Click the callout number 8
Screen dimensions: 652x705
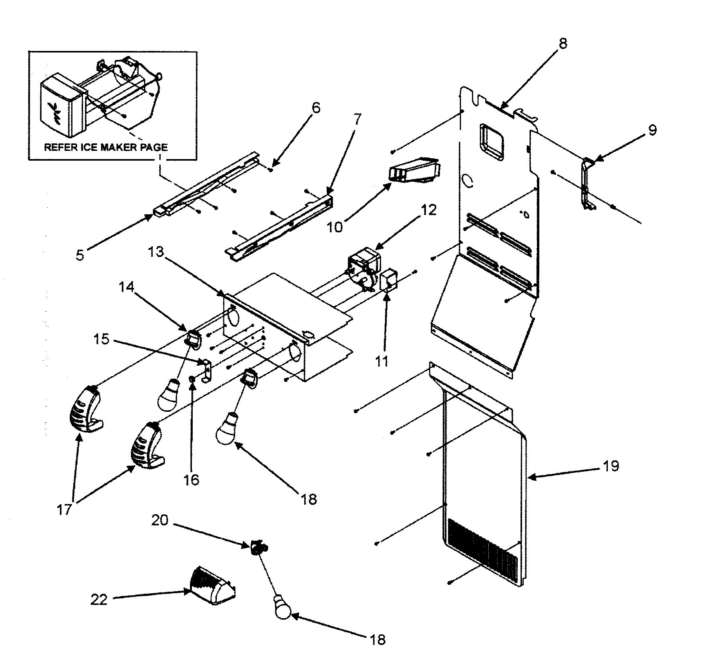click(x=562, y=43)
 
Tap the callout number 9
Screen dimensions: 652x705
click(x=652, y=130)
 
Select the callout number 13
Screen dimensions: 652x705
click(x=155, y=252)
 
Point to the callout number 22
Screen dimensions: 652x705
click(x=99, y=599)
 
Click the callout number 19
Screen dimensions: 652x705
click(x=611, y=466)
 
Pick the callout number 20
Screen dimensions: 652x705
click(x=159, y=520)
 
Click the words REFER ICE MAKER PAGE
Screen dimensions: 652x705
click(x=106, y=147)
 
